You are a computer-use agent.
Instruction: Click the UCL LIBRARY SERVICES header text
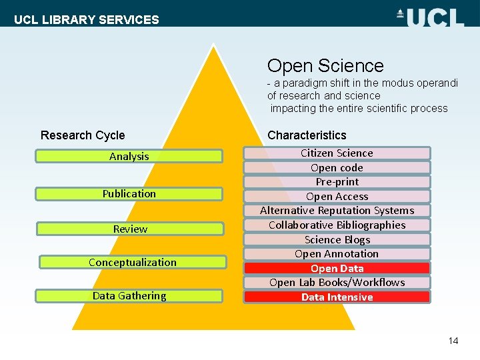point(87,19)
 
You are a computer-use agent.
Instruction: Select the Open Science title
point(325,66)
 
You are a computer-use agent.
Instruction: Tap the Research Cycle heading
point(83,135)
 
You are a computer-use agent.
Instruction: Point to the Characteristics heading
point(307,135)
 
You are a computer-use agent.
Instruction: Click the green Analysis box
point(129,156)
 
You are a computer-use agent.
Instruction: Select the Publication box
point(129,194)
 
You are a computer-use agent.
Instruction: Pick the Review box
point(129,229)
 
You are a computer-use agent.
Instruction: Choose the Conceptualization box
point(132,262)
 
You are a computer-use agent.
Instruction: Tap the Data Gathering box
point(129,296)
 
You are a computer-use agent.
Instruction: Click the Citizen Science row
point(337,153)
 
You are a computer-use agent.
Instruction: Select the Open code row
point(337,167)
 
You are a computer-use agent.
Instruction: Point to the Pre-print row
point(337,182)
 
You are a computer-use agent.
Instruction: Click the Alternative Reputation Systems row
point(337,211)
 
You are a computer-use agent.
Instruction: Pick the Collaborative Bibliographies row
point(337,225)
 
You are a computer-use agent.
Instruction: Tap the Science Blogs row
point(337,239)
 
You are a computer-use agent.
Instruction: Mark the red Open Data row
point(337,269)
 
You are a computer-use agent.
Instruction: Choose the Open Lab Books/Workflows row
point(337,283)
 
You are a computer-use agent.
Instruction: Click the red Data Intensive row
point(337,297)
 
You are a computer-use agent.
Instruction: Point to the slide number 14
point(453,341)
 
